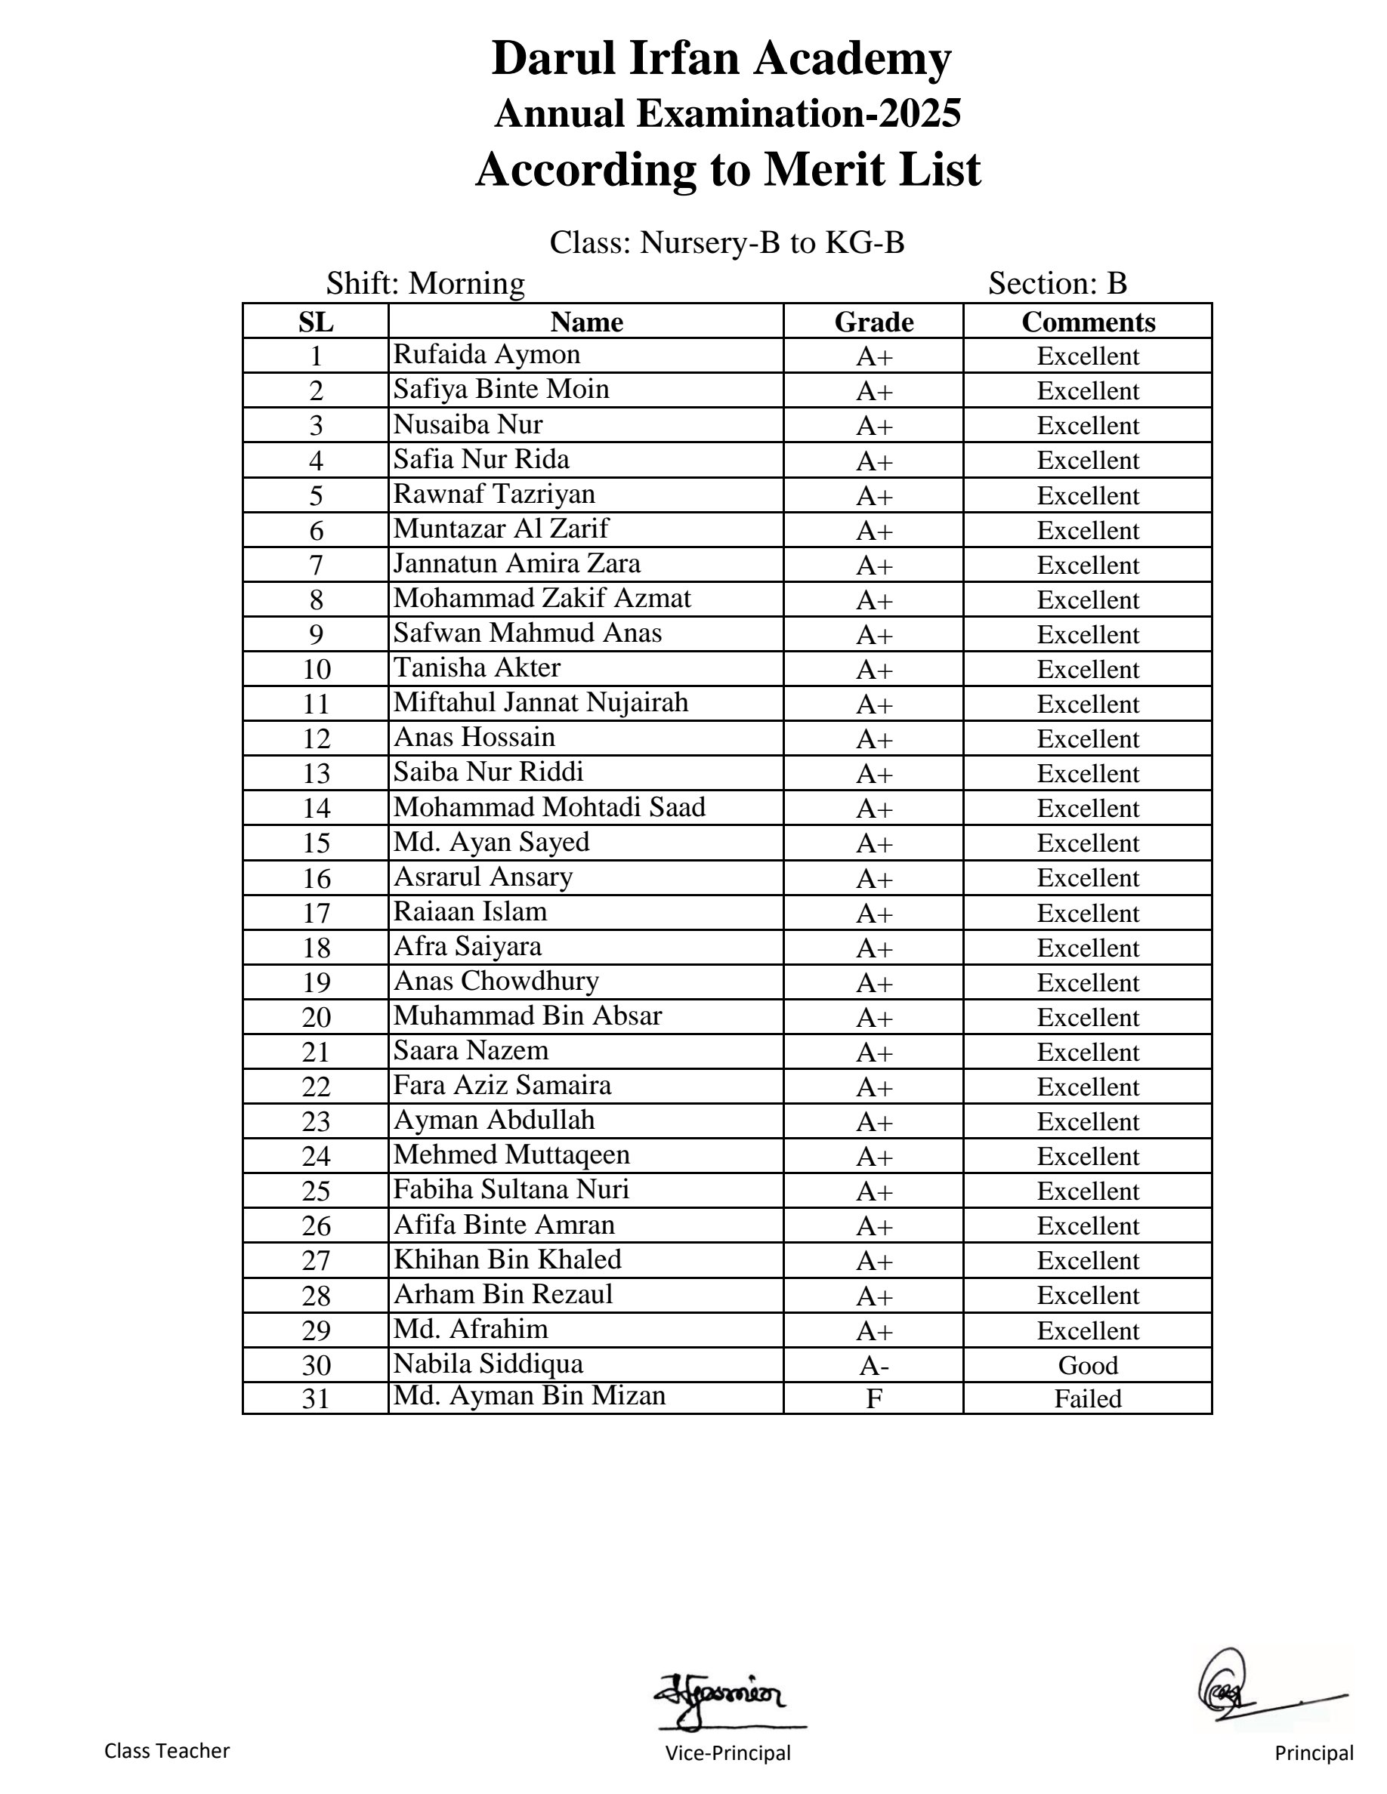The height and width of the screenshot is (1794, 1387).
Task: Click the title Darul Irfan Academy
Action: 721,58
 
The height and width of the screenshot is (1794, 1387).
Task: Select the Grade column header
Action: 873,321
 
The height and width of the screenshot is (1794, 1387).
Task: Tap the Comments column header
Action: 1088,321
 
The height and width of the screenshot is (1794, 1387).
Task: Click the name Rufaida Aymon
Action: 487,354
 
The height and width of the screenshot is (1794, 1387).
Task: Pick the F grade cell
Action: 873,1398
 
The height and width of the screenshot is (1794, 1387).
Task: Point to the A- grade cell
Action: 873,1364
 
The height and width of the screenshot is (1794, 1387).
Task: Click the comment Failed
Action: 1088,1398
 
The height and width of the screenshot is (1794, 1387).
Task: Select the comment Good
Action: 1088,1364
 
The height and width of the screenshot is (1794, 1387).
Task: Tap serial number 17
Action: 317,913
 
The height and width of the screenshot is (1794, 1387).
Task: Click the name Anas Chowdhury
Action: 496,981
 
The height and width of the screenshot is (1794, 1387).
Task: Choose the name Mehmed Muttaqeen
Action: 511,1154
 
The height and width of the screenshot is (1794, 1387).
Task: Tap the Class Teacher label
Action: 167,1750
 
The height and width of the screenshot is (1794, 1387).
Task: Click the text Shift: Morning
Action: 425,283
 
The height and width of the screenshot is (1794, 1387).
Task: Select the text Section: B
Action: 1057,283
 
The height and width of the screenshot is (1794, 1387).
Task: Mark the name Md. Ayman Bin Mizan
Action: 529,1395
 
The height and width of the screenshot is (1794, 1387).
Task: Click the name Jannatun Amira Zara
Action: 516,563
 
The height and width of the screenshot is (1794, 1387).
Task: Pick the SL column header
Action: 317,321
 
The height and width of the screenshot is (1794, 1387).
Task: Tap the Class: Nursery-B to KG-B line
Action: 727,242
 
